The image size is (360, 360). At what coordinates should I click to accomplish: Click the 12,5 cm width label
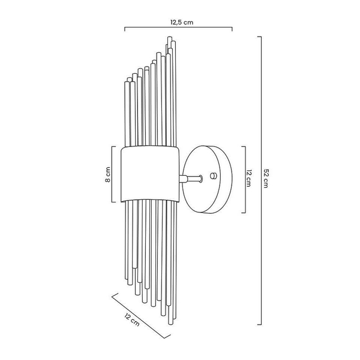[x=182, y=22]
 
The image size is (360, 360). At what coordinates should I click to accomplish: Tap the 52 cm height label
[x=266, y=178]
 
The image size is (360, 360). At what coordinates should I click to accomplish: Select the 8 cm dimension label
[x=107, y=175]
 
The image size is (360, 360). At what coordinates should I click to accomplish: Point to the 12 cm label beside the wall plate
[x=248, y=178]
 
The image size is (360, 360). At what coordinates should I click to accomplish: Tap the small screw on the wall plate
[x=213, y=176]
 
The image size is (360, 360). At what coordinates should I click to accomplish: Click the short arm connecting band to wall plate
[x=191, y=178]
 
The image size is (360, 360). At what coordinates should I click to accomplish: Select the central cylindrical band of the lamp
[x=150, y=174]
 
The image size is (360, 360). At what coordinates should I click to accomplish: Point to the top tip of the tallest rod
[x=170, y=37]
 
